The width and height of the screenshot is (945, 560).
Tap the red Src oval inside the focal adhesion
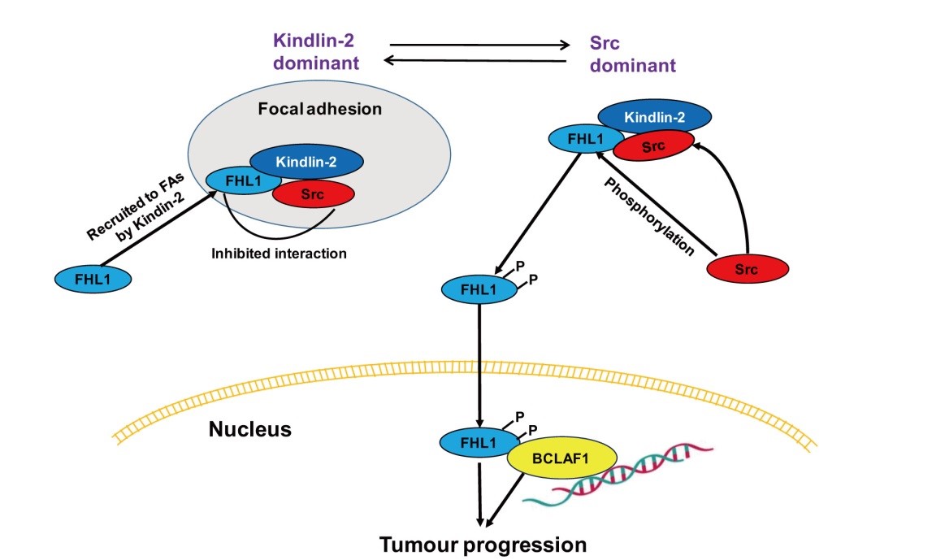coord(314,194)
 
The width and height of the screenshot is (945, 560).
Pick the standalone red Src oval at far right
coord(748,270)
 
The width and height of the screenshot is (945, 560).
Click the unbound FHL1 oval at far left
coord(93,280)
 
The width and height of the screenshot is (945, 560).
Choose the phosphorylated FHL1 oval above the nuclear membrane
coord(478,289)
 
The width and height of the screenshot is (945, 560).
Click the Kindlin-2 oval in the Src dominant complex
coord(655,117)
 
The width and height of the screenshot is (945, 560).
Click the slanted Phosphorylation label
coord(648,216)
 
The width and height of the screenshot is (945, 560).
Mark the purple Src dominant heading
coord(632,54)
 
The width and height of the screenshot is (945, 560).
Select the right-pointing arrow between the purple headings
coord(479,45)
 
